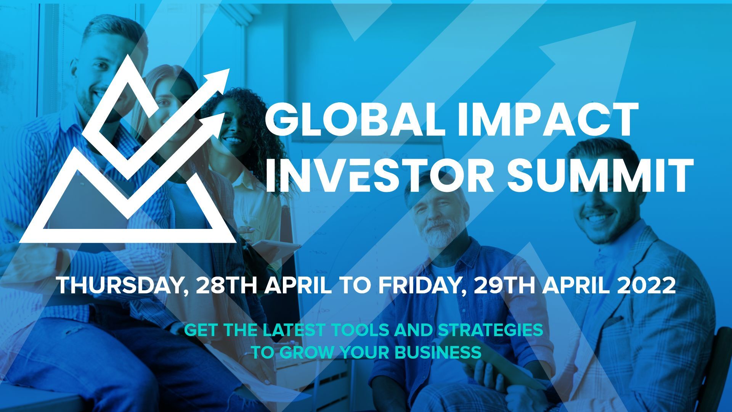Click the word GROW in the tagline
click(309, 352)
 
